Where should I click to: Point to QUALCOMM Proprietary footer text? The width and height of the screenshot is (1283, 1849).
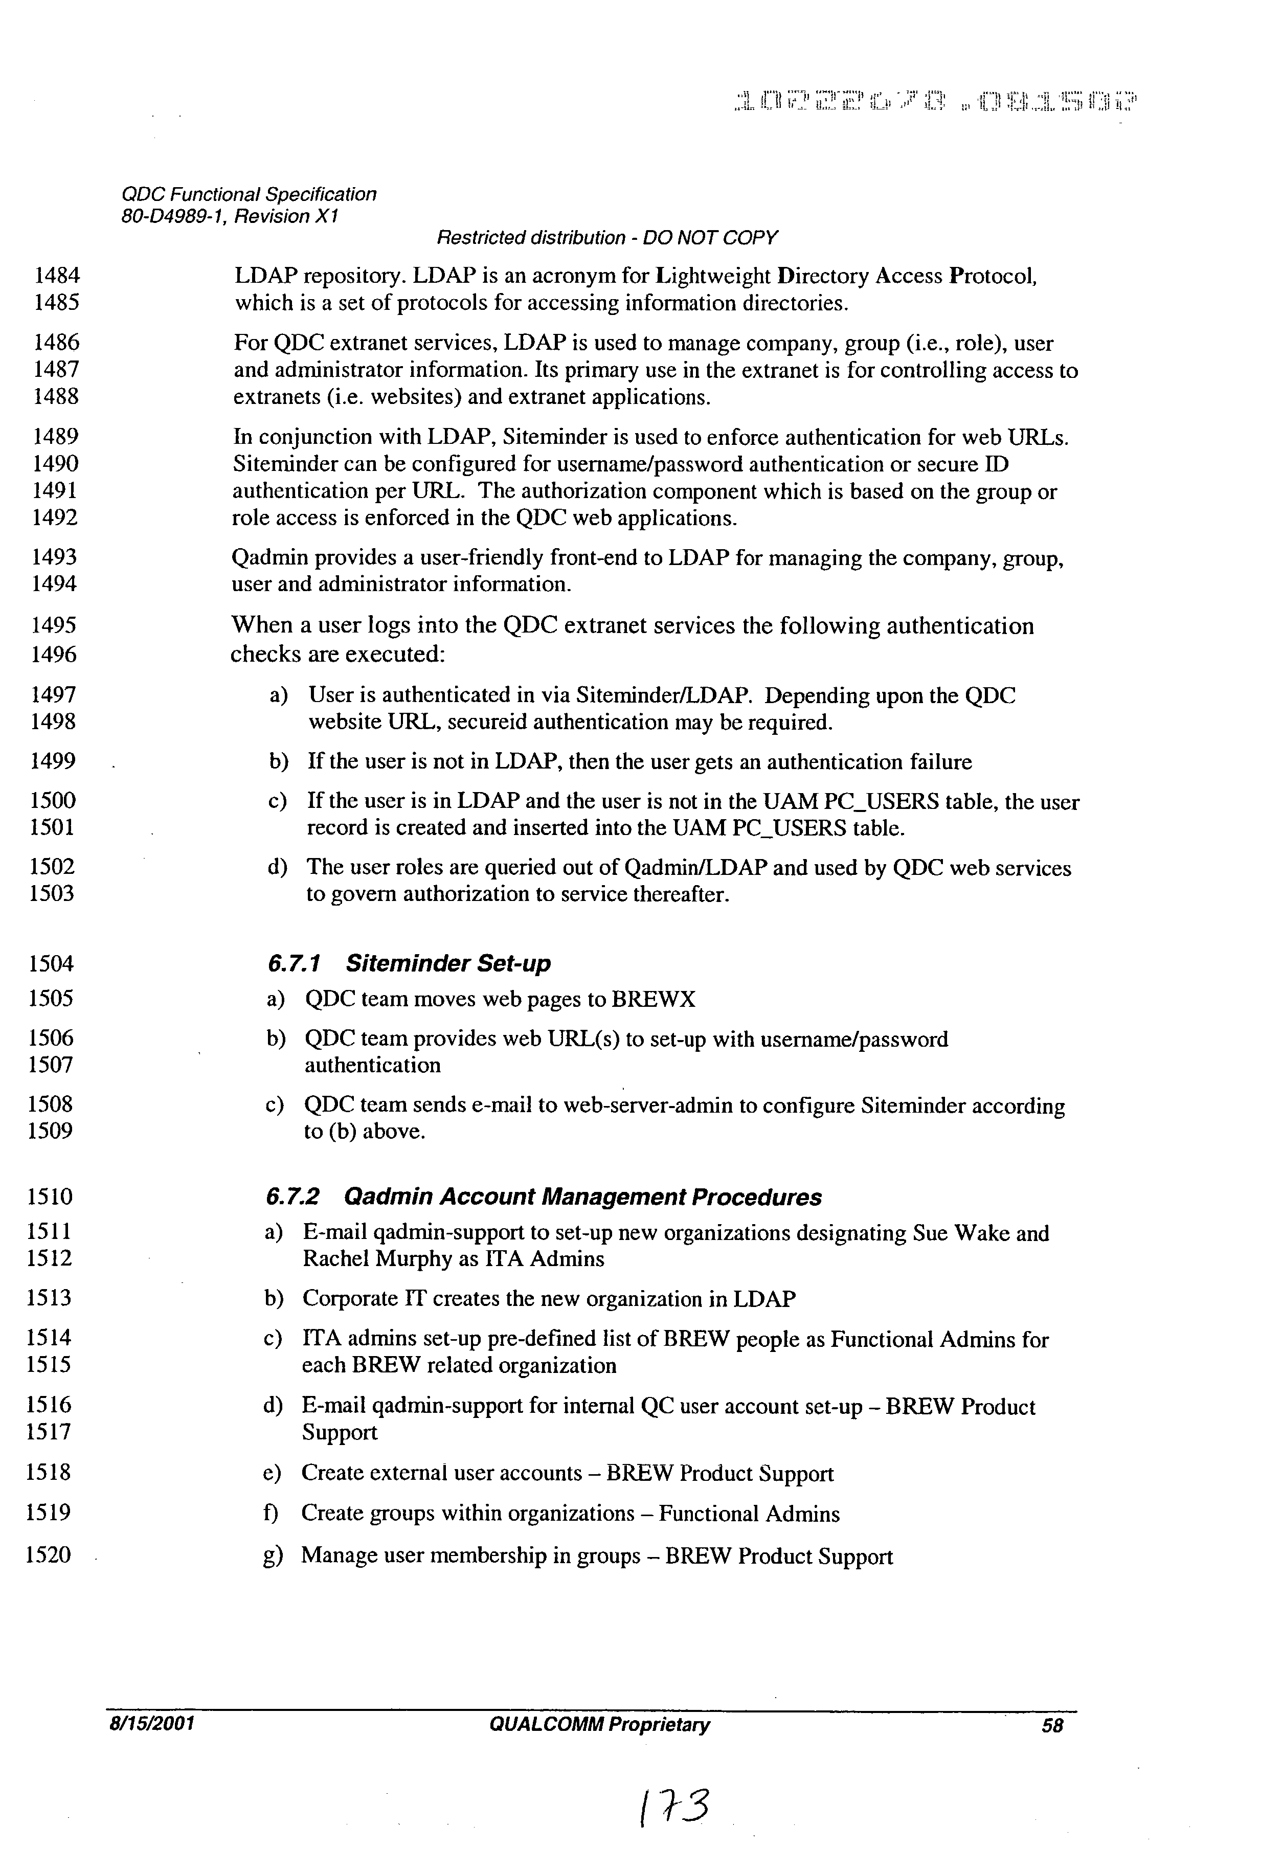[x=599, y=1724]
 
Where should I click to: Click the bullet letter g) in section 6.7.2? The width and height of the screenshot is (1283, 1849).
[x=273, y=1555]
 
